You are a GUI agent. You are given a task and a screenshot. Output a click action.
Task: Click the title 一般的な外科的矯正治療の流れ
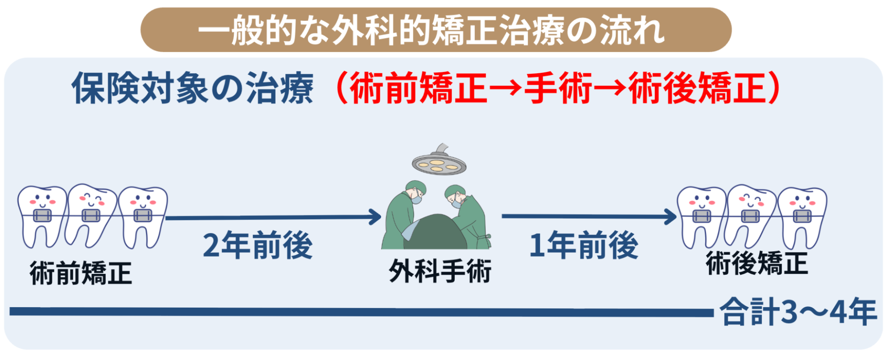431,30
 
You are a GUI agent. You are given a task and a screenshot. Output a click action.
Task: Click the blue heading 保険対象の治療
193,88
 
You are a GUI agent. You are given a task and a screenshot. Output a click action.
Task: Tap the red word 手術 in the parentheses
558,88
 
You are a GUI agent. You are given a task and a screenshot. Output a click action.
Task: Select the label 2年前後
258,245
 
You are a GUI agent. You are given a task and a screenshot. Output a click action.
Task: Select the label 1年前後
584,245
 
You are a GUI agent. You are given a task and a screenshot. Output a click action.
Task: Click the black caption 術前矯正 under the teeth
81,273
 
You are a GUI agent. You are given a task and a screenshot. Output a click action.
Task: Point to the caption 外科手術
440,271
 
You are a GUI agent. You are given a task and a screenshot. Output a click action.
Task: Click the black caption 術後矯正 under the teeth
757,262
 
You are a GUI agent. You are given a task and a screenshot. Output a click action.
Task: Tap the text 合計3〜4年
798,312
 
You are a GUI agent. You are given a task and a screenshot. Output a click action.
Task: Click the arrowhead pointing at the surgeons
375,217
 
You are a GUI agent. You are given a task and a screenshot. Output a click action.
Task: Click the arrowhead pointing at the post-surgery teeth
670,217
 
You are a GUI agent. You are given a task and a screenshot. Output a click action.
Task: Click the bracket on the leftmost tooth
42,217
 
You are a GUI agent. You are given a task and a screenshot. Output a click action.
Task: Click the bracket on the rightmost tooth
802,217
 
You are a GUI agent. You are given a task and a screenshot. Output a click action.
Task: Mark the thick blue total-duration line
362,312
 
